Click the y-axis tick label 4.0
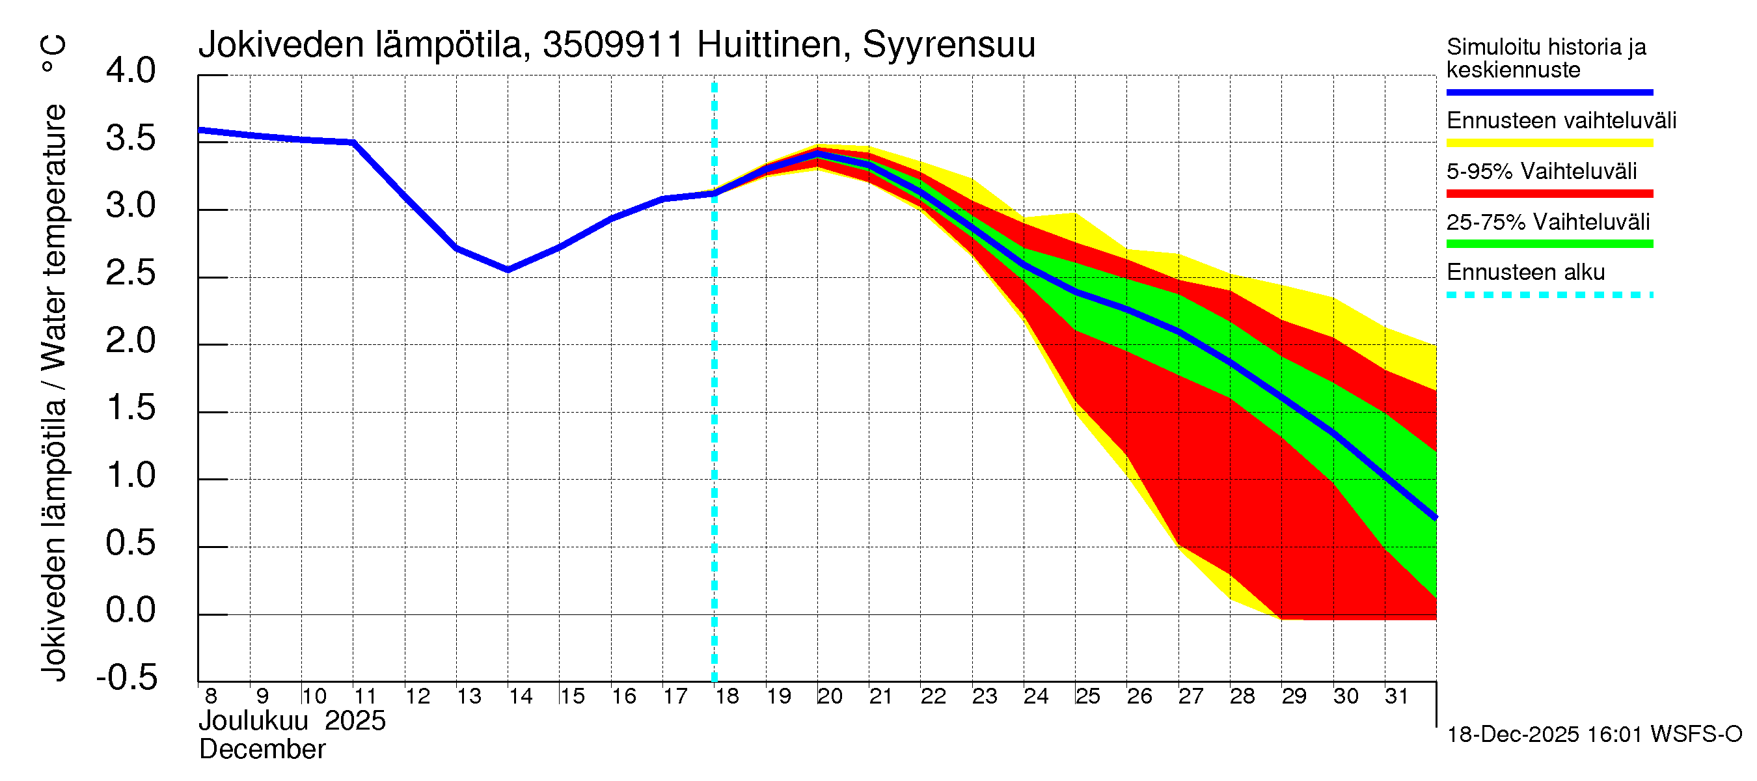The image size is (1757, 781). [130, 71]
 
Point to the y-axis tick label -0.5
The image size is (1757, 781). [127, 678]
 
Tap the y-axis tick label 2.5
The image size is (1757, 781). [130, 273]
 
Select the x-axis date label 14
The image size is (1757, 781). [521, 696]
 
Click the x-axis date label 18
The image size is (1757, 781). [727, 696]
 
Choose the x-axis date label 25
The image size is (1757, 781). [1088, 696]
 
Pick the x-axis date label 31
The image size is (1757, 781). [1396, 696]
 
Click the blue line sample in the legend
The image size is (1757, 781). [1549, 92]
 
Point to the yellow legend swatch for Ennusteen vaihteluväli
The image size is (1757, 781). [1549, 143]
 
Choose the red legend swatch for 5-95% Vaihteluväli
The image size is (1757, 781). [1549, 194]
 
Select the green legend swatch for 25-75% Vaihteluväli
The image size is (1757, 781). [1549, 244]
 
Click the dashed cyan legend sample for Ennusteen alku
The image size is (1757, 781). [1549, 295]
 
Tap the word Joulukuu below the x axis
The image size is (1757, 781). [254, 722]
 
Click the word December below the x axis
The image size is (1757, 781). [262, 750]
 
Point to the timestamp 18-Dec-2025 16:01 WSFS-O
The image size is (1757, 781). [1594, 735]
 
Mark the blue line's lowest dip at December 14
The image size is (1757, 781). [508, 270]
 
